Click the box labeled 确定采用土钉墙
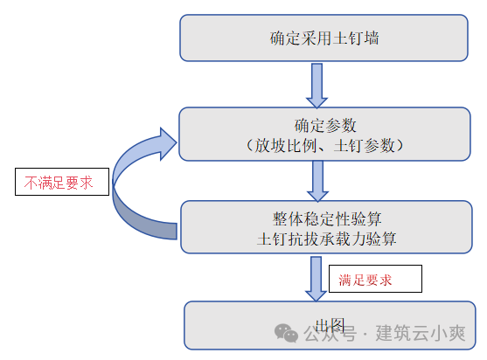(324, 38)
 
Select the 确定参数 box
(324, 134)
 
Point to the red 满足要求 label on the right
(375, 280)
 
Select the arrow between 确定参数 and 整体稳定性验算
(317, 181)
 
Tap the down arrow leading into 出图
(316, 277)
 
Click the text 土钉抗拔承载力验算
(326, 238)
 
